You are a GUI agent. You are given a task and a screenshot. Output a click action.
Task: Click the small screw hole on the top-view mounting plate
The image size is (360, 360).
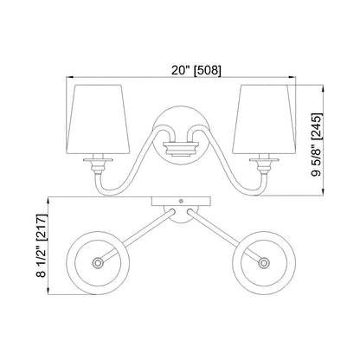click(180, 202)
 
